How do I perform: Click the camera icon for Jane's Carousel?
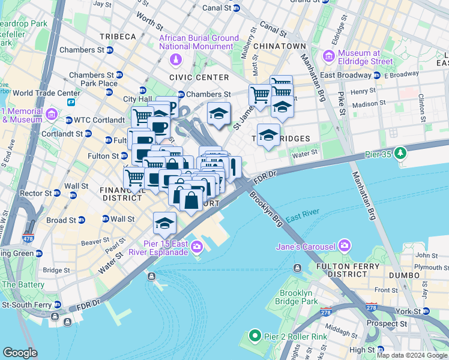click(344, 245)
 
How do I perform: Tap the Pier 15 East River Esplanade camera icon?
click(197, 246)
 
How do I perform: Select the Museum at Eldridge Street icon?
click(328, 56)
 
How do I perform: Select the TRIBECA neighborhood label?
click(118, 37)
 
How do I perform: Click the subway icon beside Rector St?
click(56, 193)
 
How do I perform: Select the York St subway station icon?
click(427, 311)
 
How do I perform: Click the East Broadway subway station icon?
click(377, 75)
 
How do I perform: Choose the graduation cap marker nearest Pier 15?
click(164, 223)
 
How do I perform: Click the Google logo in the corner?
click(20, 353)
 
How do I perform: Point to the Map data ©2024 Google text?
click(411, 355)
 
